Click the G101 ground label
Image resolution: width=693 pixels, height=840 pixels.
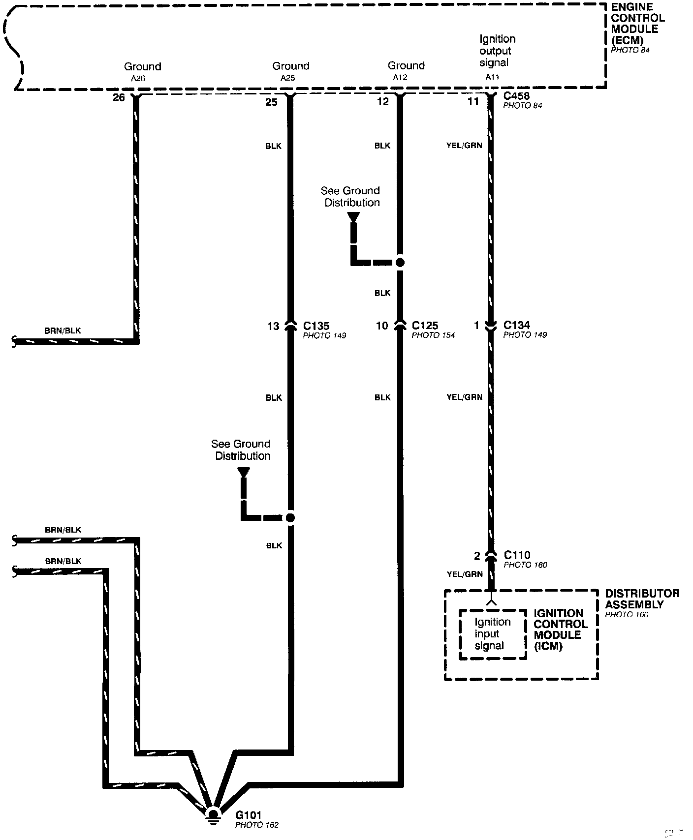click(249, 815)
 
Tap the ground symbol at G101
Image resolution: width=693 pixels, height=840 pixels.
click(213, 814)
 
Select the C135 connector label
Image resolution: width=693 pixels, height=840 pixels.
click(316, 326)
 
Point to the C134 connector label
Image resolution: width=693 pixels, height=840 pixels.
click(517, 325)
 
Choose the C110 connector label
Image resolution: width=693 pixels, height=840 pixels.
click(517, 555)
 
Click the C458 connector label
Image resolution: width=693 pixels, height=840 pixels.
click(516, 96)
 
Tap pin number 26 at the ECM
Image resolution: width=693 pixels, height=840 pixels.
click(119, 97)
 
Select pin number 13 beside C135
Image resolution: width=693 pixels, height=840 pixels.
click(273, 326)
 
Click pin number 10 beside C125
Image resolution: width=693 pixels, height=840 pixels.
click(382, 326)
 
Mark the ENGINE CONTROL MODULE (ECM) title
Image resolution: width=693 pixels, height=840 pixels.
click(638, 24)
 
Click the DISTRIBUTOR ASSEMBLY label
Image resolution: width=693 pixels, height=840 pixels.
click(642, 599)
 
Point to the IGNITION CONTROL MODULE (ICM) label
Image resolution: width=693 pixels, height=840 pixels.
click(561, 629)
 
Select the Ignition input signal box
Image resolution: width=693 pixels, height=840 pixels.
click(492, 634)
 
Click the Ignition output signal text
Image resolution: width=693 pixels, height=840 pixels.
click(497, 51)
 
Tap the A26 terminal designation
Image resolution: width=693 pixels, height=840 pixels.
click(138, 78)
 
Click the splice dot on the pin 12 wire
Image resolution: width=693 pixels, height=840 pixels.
click(400, 263)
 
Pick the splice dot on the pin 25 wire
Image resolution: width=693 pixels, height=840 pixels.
click(290, 517)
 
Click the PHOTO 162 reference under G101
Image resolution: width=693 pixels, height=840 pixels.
click(256, 825)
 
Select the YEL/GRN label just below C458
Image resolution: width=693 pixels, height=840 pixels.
click(464, 146)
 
